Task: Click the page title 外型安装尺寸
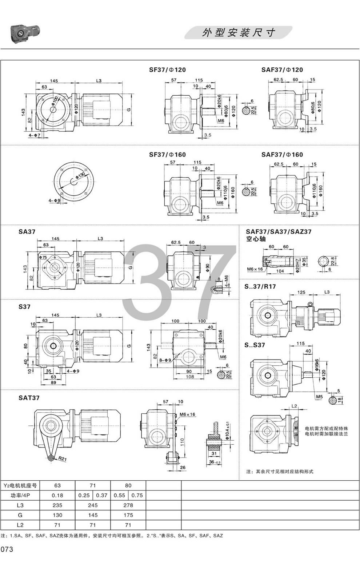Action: [239, 32]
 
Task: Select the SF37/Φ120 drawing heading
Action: [167, 69]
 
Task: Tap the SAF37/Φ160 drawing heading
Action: [282, 155]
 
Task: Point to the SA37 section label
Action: [27, 231]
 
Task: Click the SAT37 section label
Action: [29, 398]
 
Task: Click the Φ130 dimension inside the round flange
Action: [79, 177]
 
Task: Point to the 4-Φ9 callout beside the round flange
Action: [55, 200]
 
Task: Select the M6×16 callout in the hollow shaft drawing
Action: [255, 269]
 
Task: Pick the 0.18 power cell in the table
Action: [57, 495]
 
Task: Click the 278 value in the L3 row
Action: [128, 505]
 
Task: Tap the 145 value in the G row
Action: [92, 515]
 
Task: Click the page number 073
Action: [7, 549]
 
